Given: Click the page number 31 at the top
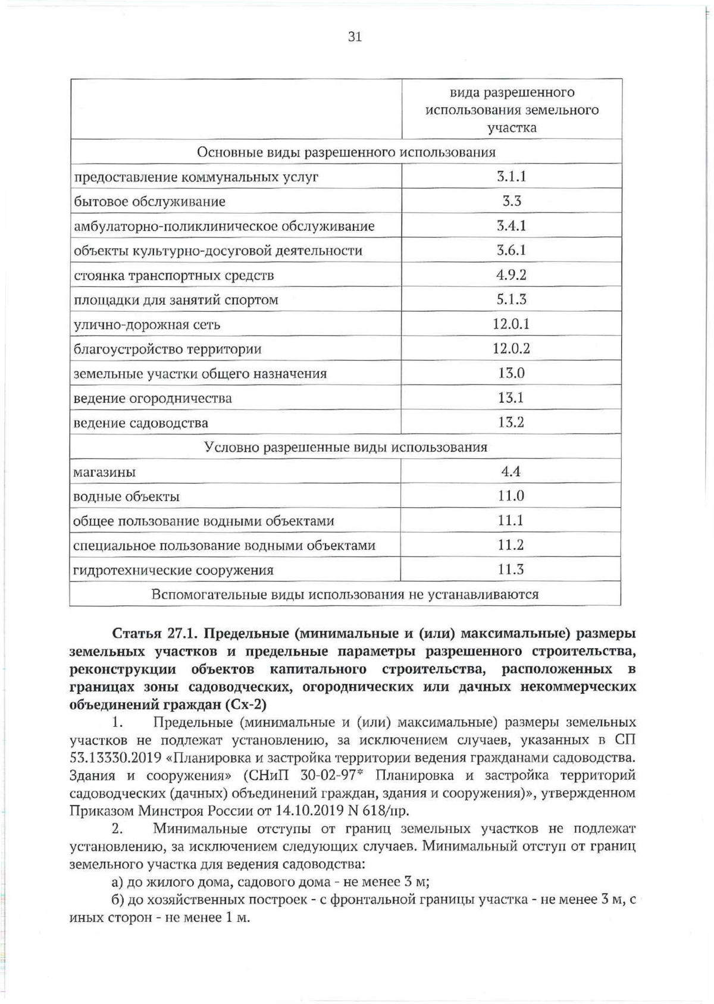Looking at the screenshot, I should [354, 37].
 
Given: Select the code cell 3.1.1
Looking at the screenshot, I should [512, 176].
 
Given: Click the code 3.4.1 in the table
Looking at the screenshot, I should [512, 226].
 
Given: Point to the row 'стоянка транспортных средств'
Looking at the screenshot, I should [174, 276].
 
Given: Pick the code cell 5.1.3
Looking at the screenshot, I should [512, 299].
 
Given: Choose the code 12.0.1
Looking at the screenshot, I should [511, 324].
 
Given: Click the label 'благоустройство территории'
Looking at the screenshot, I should [167, 349].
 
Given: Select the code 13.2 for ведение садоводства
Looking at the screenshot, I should [511, 423].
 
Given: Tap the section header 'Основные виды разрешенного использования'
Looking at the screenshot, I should [346, 152].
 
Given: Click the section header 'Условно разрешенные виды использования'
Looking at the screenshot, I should [346, 447].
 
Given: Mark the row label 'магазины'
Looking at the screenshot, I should [104, 473].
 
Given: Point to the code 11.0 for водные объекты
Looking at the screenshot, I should [511, 496].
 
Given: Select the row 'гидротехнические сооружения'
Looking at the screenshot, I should [173, 570].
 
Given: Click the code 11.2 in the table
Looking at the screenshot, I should [511, 545].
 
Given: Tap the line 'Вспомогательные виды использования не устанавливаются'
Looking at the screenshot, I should [345, 594].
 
